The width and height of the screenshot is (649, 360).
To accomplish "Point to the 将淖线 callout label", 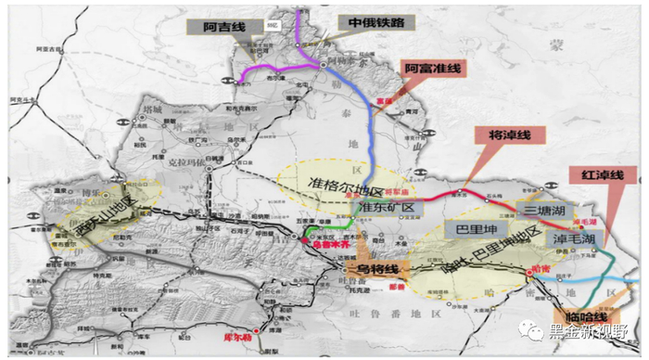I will click(x=511, y=135).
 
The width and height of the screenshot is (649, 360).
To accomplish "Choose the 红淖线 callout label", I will click(x=603, y=174).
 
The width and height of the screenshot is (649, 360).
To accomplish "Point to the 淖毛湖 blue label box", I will click(x=579, y=239).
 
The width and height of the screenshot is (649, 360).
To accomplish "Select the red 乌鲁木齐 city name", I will click(x=317, y=244).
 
